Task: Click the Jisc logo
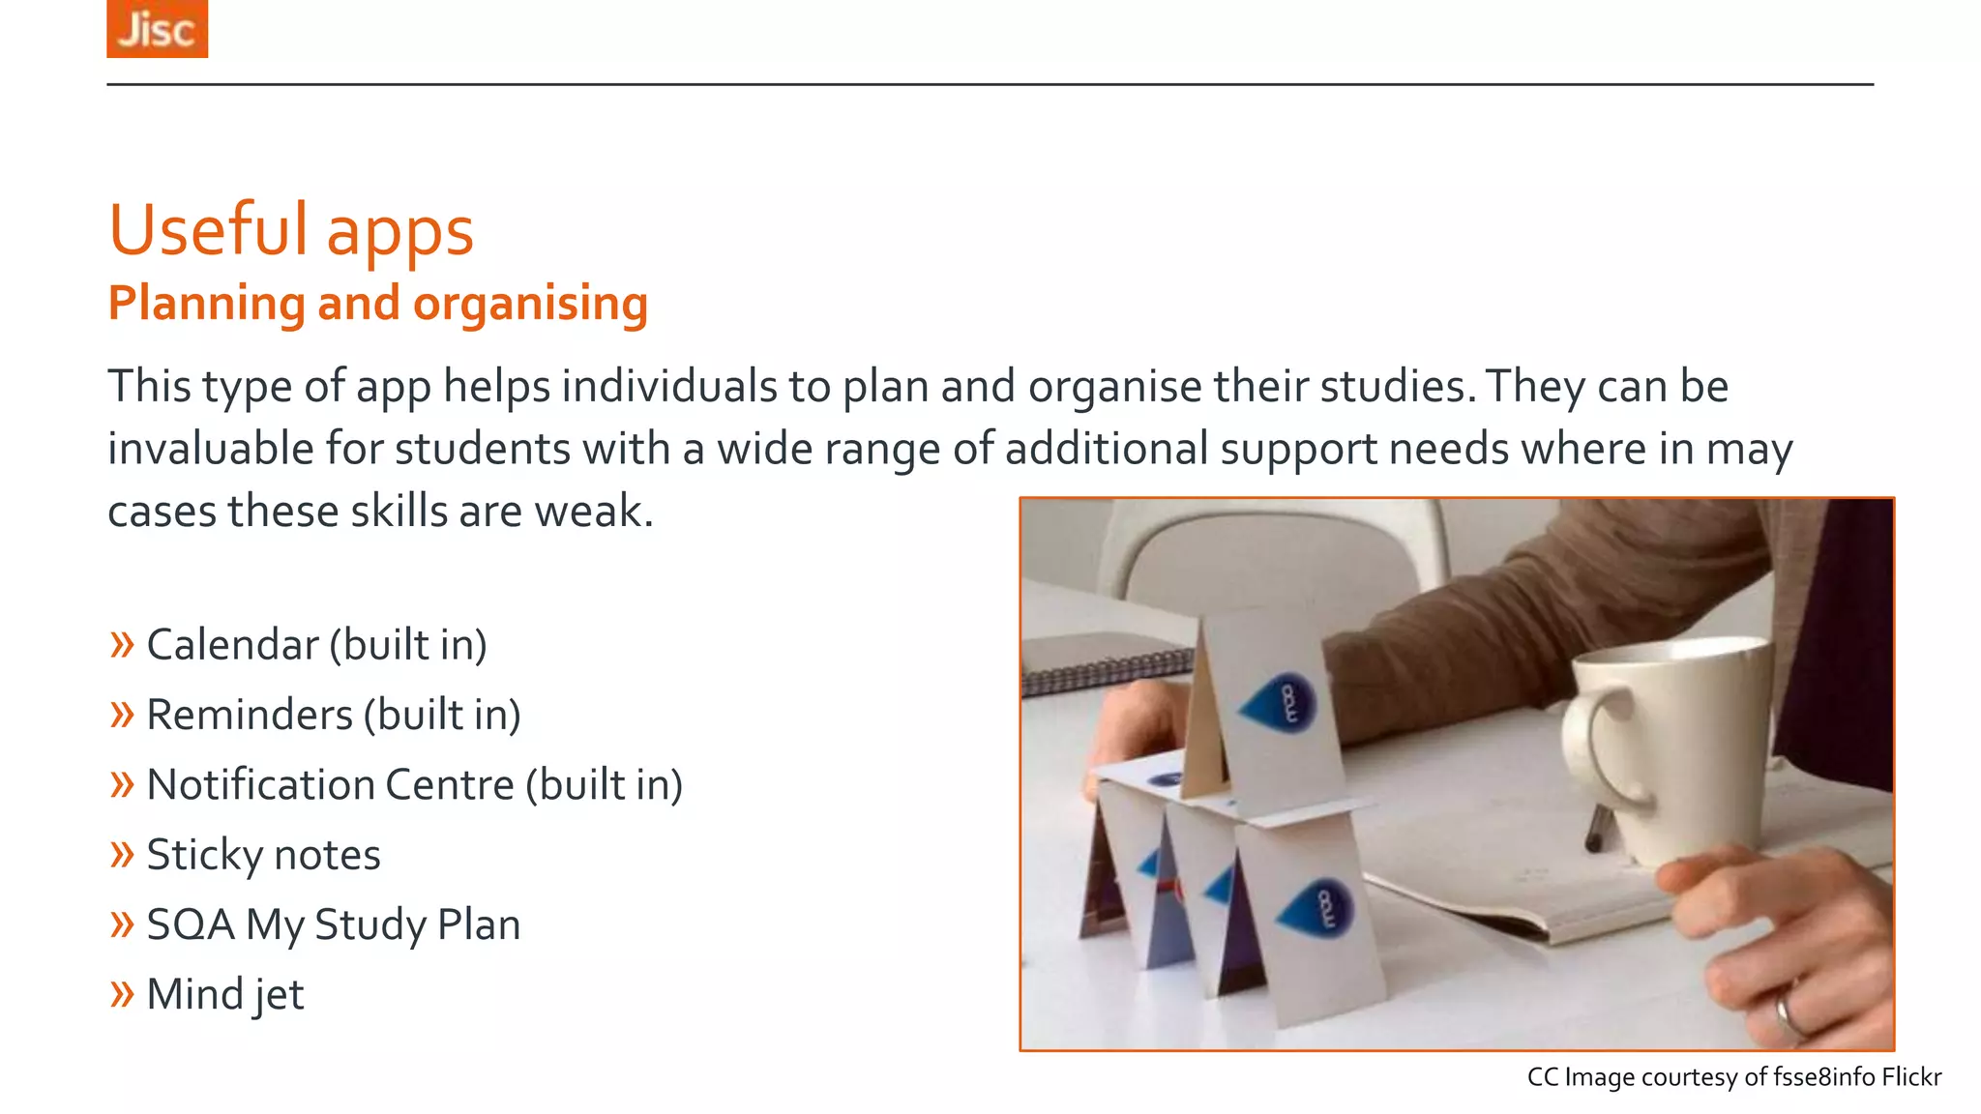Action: [157, 29]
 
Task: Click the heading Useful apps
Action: [291, 230]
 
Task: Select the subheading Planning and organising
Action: [377, 304]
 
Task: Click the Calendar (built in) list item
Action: [316, 645]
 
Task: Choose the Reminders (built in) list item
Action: [334, 715]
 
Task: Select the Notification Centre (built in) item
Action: [414, 784]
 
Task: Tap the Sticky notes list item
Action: [263, 855]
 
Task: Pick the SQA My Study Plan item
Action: [334, 924]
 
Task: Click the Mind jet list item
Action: [225, 994]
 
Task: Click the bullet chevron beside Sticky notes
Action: [122, 855]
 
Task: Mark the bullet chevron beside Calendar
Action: [122, 645]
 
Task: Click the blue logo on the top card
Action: [1280, 699]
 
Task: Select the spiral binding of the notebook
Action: [1108, 670]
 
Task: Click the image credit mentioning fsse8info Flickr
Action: [1733, 1077]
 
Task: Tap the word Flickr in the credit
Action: [1910, 1077]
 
